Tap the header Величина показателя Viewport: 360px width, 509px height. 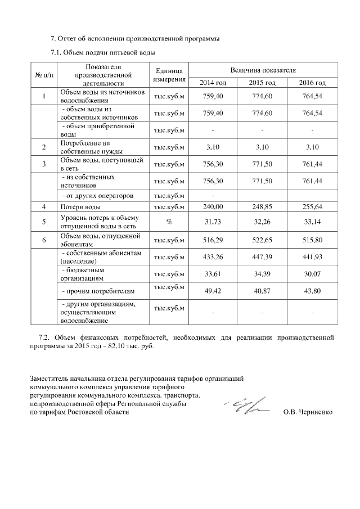pyautogui.click(x=263, y=70)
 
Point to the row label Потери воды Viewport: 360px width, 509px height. pyautogui.click(x=80, y=207)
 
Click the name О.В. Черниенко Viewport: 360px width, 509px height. pyautogui.click(x=308, y=412)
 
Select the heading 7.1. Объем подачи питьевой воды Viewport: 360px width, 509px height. pyautogui.click(x=102, y=52)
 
